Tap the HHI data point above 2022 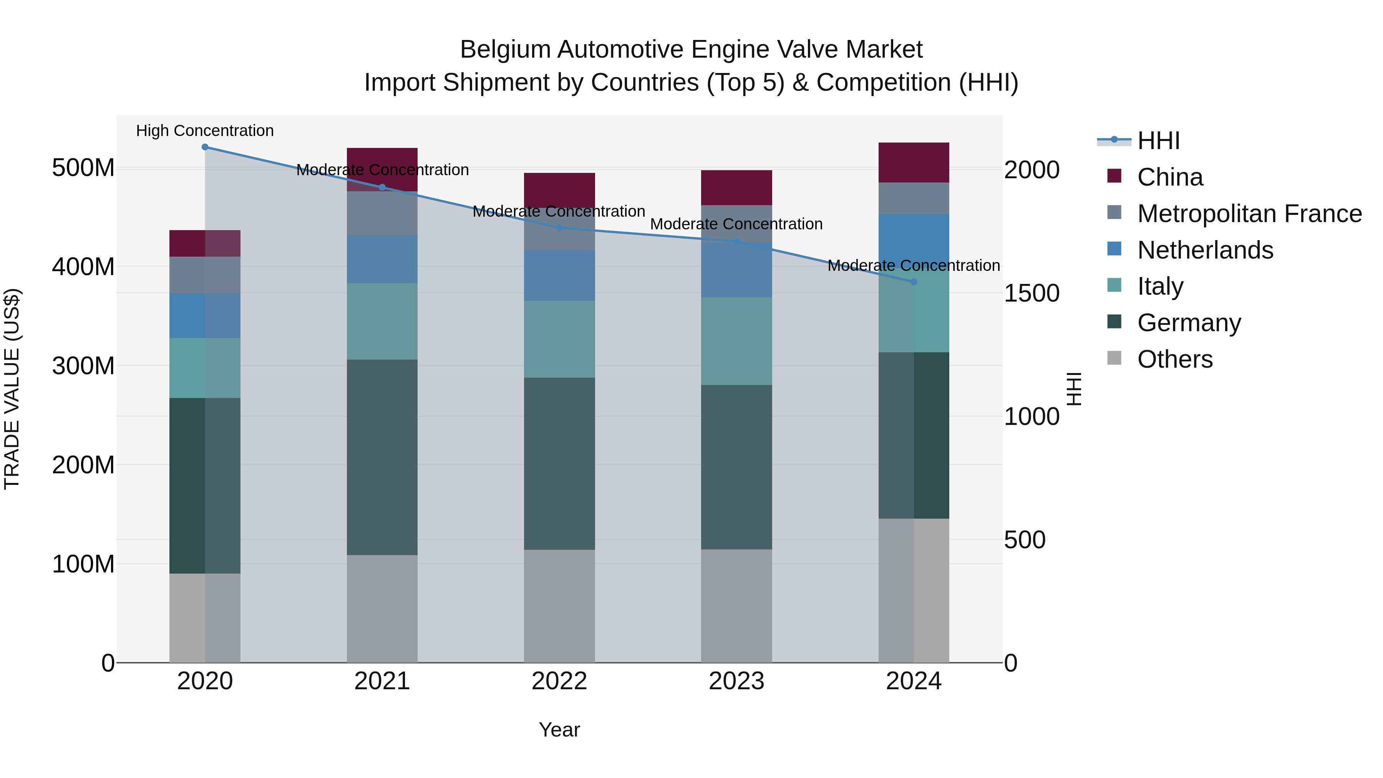click(x=559, y=228)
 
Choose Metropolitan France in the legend click(x=1249, y=214)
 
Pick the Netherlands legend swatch click(x=1114, y=249)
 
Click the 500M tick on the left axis click(x=83, y=168)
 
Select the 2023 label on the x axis click(x=736, y=681)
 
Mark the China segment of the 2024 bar click(x=914, y=163)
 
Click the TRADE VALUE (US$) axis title click(x=12, y=389)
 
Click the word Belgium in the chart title click(x=505, y=50)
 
